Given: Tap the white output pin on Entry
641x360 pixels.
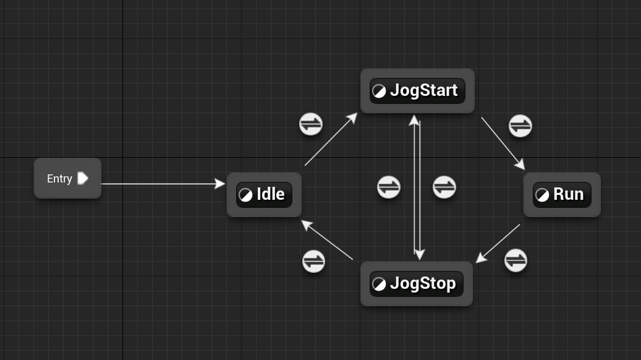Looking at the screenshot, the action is pyautogui.click(x=83, y=178).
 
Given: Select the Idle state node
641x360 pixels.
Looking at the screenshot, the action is pyautogui.click(x=264, y=194).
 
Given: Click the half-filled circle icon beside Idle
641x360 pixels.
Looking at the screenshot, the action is pyautogui.click(x=245, y=195).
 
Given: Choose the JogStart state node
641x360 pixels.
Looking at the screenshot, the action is pyautogui.click(x=417, y=91).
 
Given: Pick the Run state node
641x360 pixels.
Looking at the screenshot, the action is pyautogui.click(x=562, y=194).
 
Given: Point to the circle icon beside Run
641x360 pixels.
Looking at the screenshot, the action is pyautogui.click(x=542, y=195).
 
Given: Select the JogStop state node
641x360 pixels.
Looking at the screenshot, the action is pyautogui.click(x=416, y=284).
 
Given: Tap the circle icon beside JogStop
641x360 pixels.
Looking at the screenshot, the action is pyautogui.click(x=379, y=284).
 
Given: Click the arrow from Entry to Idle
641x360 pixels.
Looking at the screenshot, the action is pyautogui.click(x=161, y=184).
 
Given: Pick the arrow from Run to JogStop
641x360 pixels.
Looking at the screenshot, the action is pyautogui.click(x=499, y=242).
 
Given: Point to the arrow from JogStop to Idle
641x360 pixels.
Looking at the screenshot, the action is pyautogui.click(x=328, y=241).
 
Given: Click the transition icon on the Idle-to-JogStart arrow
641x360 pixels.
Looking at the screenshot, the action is pyautogui.click(x=311, y=124).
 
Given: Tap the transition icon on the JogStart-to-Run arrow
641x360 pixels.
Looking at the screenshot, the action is pyautogui.click(x=520, y=126).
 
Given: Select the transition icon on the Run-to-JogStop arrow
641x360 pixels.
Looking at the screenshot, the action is pyautogui.click(x=516, y=260).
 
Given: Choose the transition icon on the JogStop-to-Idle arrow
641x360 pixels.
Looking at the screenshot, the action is pyautogui.click(x=313, y=261).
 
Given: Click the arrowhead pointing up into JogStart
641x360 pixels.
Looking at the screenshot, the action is pyautogui.click(x=414, y=119).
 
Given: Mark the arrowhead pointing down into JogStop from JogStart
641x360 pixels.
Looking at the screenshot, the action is pyautogui.click(x=420, y=255).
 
